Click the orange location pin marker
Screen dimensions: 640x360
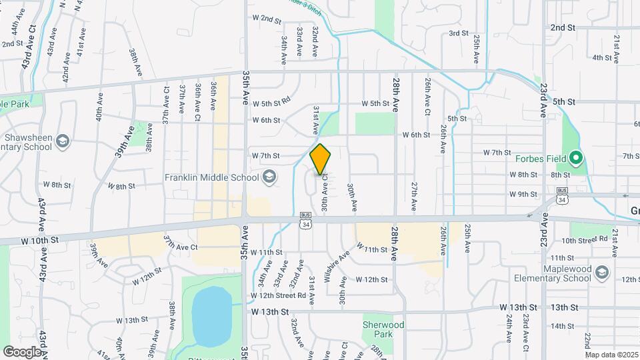321,159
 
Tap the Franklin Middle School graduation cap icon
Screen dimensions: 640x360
269,177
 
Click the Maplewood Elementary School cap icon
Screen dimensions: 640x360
602,273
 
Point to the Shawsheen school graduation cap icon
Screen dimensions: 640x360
62,141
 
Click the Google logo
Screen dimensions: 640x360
22,351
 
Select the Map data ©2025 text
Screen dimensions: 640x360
611,355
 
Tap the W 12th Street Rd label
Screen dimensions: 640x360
278,295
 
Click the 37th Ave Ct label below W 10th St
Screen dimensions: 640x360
181,246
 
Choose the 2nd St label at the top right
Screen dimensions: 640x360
563,27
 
